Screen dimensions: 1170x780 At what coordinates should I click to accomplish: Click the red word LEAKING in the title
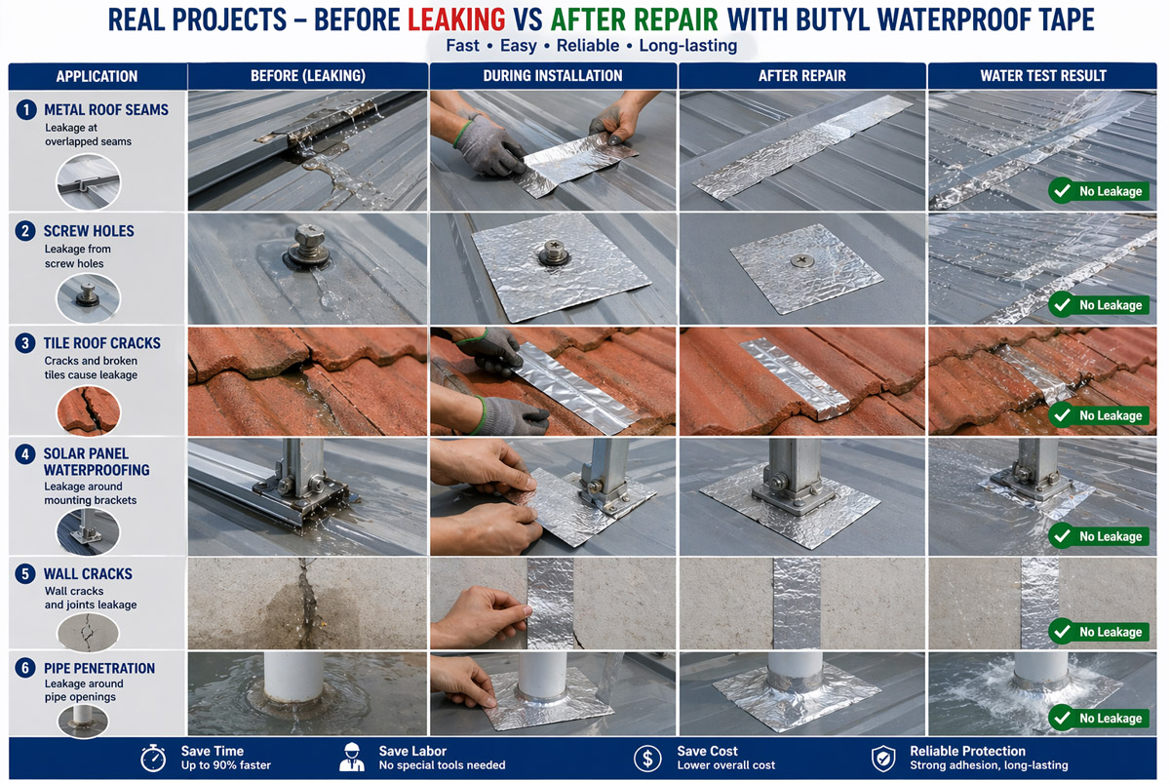pyautogui.click(x=456, y=19)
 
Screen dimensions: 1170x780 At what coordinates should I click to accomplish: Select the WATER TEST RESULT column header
pyautogui.click(x=1043, y=76)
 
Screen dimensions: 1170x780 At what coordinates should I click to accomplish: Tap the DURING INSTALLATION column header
pyautogui.click(x=553, y=76)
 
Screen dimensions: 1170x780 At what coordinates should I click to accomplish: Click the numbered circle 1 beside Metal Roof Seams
pyautogui.click(x=26, y=110)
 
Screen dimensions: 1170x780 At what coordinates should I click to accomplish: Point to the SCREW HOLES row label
pyautogui.click(x=89, y=231)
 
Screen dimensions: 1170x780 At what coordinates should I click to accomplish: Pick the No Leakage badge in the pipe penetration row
pyautogui.click(x=1099, y=719)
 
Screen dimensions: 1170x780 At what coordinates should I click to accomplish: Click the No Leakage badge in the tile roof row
pyautogui.click(x=1099, y=415)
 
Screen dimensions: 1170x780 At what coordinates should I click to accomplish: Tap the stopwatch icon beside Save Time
pyautogui.click(x=153, y=758)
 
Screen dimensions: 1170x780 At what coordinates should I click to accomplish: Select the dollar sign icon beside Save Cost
pyautogui.click(x=647, y=758)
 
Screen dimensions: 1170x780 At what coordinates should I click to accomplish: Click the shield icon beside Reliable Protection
pyautogui.click(x=883, y=758)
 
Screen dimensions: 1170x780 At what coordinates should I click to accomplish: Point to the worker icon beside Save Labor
pyautogui.click(x=352, y=758)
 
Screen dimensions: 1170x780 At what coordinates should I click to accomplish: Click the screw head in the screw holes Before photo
pyautogui.click(x=310, y=236)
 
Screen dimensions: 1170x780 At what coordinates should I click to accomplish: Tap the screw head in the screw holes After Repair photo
pyautogui.click(x=801, y=260)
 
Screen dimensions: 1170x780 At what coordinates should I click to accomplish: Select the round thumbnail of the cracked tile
pyautogui.click(x=89, y=410)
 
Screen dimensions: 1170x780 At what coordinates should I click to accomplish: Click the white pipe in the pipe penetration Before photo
pyautogui.click(x=293, y=677)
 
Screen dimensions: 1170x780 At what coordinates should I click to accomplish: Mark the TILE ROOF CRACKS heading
pyautogui.click(x=101, y=343)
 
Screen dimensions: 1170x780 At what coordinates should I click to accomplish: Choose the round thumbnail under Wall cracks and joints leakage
pyautogui.click(x=89, y=633)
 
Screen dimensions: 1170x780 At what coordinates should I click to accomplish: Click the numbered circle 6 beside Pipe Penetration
pyautogui.click(x=25, y=668)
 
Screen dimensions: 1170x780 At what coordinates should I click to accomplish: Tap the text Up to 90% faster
pyautogui.click(x=225, y=765)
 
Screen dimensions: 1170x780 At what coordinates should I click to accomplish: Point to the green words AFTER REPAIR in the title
pyautogui.click(x=635, y=19)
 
